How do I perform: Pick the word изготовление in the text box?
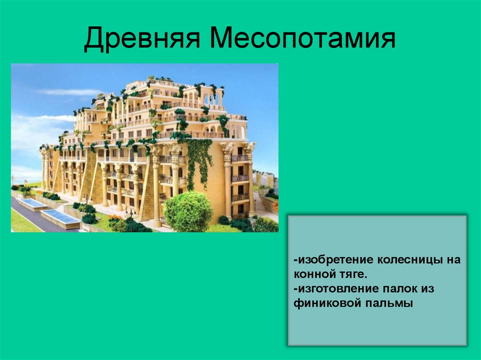pos(337,289)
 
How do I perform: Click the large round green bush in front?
pos(188,211)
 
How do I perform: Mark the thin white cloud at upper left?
pos(70,92)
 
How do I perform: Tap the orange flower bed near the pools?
pos(115,219)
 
